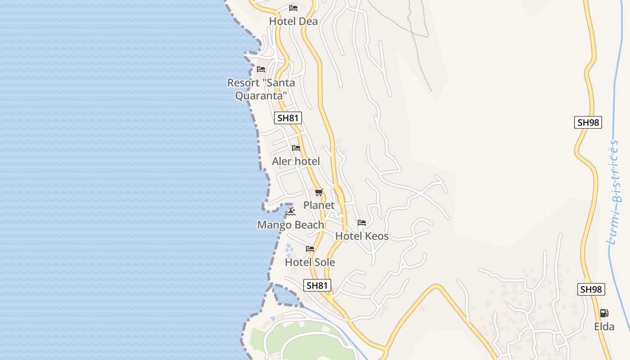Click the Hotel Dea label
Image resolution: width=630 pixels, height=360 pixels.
coord(293,21)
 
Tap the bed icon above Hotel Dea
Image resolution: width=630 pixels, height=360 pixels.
coord(293,8)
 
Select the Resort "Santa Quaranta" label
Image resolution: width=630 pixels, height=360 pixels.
coord(261,89)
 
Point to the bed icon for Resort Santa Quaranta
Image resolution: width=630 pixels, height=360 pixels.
coord(261,69)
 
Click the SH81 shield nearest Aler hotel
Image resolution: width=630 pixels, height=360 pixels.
coord(288,118)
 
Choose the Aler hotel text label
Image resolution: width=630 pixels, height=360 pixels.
coord(296,161)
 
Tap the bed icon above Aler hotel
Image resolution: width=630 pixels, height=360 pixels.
coord(296,148)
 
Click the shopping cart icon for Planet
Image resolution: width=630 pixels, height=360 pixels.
coord(319,193)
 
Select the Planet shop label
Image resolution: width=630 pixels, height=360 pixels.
coord(319,205)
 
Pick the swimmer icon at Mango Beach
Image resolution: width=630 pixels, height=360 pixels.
coord(291,211)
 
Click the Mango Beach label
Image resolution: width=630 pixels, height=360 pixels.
coord(291,225)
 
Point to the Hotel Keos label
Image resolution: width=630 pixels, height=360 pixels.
coord(362,236)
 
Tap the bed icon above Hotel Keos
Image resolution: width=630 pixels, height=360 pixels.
coord(362,222)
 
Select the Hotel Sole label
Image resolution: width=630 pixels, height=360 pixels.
coord(310,262)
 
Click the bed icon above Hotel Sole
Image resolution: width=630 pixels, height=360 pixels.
coord(310,248)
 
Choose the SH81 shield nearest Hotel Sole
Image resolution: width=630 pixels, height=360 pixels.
coord(317,285)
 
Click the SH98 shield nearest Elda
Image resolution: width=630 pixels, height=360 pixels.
coord(591,289)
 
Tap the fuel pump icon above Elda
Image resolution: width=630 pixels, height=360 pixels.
coord(604,313)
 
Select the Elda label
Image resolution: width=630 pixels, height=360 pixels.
coord(604,327)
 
